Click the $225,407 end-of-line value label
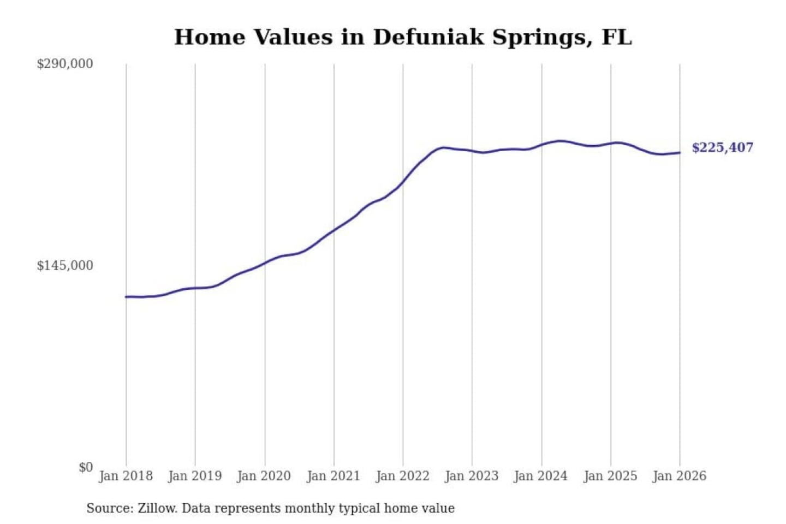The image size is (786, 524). point(722,147)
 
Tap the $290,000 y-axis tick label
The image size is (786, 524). point(65,64)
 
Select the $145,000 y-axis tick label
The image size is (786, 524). point(65,265)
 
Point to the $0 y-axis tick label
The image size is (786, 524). point(85,467)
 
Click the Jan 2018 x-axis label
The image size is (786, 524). point(126,476)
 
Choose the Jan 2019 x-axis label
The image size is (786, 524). point(195,476)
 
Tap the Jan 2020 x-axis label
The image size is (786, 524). point(264,476)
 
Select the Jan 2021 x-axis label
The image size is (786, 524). point(334,476)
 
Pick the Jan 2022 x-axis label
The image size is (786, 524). point(403,476)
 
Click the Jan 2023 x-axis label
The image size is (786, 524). point(472,476)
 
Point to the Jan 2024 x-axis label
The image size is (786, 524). point(541,476)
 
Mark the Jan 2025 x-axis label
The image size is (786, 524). point(610,476)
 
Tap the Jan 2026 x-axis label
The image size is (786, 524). point(680,476)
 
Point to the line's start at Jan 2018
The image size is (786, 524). point(126,296)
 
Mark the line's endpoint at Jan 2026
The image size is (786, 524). point(680,153)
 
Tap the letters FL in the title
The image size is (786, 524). point(617,37)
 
